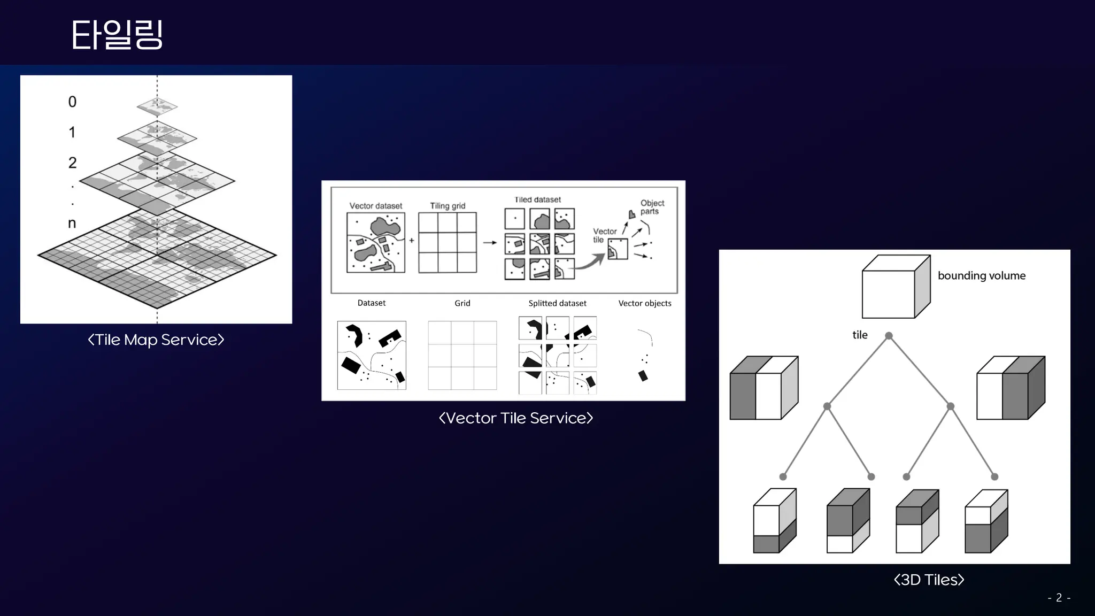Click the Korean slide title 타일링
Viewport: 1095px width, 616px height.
(x=117, y=35)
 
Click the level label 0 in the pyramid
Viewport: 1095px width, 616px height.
(x=72, y=102)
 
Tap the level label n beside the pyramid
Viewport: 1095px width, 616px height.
(x=72, y=223)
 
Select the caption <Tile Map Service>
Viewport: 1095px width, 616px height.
(x=156, y=340)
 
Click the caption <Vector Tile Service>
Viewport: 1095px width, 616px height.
(x=515, y=418)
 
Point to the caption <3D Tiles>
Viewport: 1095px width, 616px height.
(x=929, y=580)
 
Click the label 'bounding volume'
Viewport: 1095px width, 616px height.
(x=981, y=275)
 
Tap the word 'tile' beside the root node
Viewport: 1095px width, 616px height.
(x=860, y=335)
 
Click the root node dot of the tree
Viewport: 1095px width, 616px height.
(x=889, y=336)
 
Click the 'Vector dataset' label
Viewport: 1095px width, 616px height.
(x=375, y=206)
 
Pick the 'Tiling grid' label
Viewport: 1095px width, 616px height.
(x=448, y=206)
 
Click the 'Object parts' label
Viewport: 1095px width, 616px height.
(x=652, y=207)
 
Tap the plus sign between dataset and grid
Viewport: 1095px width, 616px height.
(x=412, y=241)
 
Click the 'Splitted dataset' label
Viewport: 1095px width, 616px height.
(x=557, y=303)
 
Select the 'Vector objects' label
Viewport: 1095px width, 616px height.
(x=644, y=303)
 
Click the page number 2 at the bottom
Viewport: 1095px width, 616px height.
(x=1059, y=598)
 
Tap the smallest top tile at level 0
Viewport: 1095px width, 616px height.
(x=157, y=106)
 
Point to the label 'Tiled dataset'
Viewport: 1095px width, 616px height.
(x=537, y=199)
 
